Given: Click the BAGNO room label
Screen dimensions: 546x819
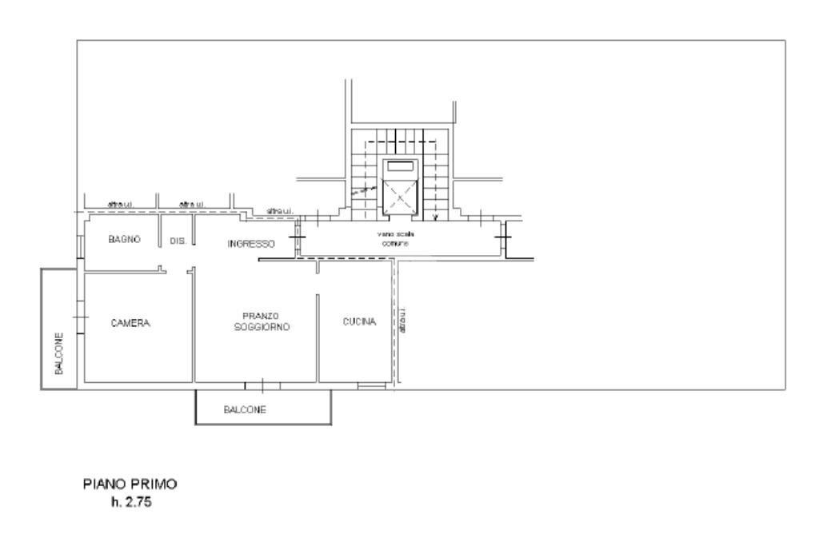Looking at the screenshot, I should pyautogui.click(x=124, y=239).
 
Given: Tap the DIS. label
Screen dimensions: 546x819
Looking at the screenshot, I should pyautogui.click(x=178, y=241).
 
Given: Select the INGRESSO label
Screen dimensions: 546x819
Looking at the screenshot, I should pyautogui.click(x=251, y=244).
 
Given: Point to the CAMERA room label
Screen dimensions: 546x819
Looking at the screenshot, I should pyautogui.click(x=130, y=324).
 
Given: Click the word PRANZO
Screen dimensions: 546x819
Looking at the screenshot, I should pyautogui.click(x=260, y=316).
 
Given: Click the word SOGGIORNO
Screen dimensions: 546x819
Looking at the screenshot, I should pyautogui.click(x=262, y=328).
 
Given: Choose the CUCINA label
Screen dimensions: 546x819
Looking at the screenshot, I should pyautogui.click(x=360, y=322).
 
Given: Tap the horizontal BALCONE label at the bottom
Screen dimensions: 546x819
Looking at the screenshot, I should pyautogui.click(x=245, y=410).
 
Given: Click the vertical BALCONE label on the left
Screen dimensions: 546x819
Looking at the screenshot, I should pyautogui.click(x=59, y=354).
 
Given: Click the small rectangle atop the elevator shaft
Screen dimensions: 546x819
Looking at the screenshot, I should pyautogui.click(x=400, y=166).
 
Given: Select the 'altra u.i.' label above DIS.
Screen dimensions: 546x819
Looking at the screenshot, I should pyautogui.click(x=192, y=205).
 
